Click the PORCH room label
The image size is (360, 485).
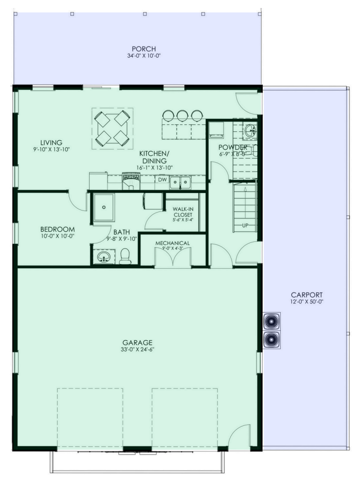[x=144, y=49]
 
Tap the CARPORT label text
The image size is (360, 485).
[x=300, y=294]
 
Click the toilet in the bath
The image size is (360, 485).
[x=125, y=256]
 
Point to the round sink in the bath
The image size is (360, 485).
[x=104, y=257]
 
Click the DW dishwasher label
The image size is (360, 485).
[x=162, y=180]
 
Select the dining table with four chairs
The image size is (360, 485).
[x=112, y=128]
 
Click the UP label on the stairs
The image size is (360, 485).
[x=245, y=225]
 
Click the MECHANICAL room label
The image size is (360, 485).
[x=173, y=243]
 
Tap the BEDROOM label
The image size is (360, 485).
[x=57, y=229]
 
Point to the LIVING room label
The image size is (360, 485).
[x=51, y=143]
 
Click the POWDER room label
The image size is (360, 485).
[x=233, y=147]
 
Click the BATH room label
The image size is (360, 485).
[x=121, y=232]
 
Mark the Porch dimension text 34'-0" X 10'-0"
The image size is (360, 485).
[x=144, y=56]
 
